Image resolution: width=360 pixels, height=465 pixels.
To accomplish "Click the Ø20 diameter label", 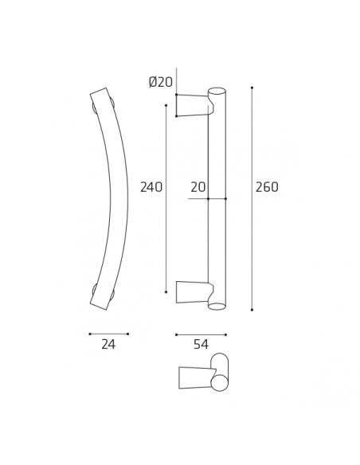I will point(161,82).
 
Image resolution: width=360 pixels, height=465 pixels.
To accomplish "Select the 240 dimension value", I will point(151,188).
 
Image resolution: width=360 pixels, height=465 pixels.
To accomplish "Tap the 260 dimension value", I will point(267,188).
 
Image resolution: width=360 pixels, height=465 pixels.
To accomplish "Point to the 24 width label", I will point(108,345).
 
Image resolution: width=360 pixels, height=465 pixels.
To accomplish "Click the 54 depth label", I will point(201,345).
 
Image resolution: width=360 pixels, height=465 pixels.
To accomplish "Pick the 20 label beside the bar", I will point(198,188).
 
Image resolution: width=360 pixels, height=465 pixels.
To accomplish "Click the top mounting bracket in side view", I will point(193,105).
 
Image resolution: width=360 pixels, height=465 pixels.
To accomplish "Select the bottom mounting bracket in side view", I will point(193,292).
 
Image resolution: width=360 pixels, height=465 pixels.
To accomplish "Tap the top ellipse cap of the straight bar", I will point(217,91).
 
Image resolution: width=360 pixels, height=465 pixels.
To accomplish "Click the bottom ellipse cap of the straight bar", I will point(217,307).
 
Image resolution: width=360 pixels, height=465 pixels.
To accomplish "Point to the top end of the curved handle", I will point(100,94).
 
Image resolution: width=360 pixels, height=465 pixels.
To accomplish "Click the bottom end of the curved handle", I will point(100,303).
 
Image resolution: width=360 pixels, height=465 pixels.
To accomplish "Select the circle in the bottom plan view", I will point(219,383).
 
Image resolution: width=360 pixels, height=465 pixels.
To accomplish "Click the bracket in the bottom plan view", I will point(195,378).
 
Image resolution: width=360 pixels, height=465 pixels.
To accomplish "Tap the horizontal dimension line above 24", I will point(108,334).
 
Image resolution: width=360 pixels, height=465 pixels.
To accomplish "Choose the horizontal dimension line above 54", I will point(201,334).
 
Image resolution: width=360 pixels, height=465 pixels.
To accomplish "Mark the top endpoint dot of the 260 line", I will point(252,88).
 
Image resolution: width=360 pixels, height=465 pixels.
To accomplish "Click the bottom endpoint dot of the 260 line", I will point(252,310).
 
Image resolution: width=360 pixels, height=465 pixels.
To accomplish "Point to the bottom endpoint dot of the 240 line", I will point(166,292).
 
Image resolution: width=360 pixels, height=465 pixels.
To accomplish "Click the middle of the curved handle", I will point(119,199).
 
